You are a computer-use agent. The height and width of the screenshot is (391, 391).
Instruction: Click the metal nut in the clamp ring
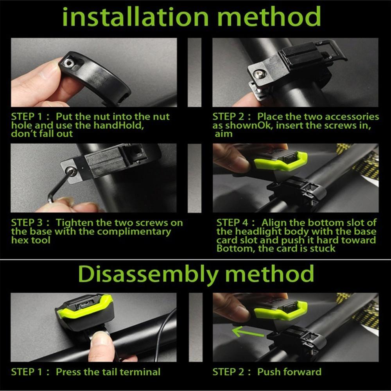click(68, 63)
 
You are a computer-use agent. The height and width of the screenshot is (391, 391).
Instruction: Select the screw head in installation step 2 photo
click(258, 74)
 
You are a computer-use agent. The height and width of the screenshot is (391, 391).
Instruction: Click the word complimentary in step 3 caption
click(134, 232)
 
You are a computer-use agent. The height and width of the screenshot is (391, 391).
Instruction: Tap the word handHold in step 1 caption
click(119, 125)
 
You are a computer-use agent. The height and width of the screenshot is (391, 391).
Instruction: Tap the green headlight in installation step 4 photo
click(280, 161)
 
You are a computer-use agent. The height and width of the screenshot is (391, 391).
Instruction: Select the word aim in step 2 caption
click(224, 134)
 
